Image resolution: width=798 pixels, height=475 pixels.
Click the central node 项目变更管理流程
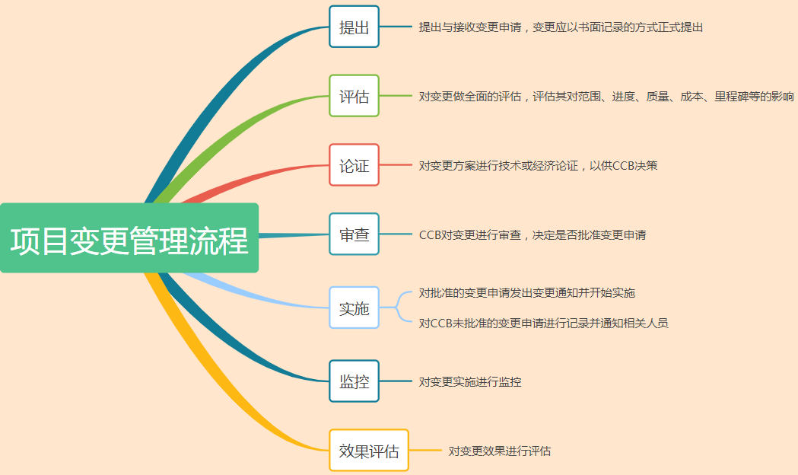point(129,238)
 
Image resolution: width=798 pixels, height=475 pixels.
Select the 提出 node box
point(354,27)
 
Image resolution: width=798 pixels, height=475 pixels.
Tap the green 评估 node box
point(354,96)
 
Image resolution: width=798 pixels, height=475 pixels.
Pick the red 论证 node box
point(354,165)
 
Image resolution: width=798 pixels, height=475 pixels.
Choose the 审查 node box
point(354,234)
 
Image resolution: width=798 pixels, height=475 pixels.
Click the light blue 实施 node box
point(354,308)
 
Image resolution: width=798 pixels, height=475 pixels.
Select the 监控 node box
point(354,381)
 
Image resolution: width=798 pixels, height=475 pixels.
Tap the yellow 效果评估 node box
point(369,451)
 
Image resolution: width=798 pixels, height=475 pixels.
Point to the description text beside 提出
point(561,27)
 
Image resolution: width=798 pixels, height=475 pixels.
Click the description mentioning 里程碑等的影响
point(606,97)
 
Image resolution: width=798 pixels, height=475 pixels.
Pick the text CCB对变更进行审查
point(533,235)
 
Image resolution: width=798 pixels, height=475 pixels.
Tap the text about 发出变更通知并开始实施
point(526,293)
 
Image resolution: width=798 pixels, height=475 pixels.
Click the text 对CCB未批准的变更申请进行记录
point(543,323)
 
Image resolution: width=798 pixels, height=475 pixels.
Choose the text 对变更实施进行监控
point(470,381)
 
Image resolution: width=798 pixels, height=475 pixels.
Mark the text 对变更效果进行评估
point(500,451)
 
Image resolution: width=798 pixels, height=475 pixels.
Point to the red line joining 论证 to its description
point(396,165)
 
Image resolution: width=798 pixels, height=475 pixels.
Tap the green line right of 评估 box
point(396,96)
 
